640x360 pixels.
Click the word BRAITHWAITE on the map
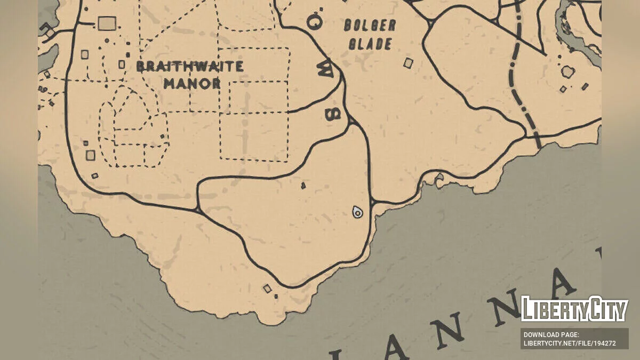pyautogui.click(x=190, y=67)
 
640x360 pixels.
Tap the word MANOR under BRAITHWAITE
pyautogui.click(x=192, y=84)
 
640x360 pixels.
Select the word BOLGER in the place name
pyautogui.click(x=370, y=26)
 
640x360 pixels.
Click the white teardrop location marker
pyautogui.click(x=358, y=212)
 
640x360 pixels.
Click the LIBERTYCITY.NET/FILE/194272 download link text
pyautogui.click(x=570, y=343)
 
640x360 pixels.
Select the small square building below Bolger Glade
pyautogui.click(x=408, y=63)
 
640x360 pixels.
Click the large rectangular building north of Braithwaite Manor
pyautogui.click(x=107, y=23)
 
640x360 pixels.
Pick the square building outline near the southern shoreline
pyautogui.click(x=267, y=289)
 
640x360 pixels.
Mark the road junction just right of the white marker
pyautogui.click(x=372, y=202)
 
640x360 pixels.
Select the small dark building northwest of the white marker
pyautogui.click(x=303, y=186)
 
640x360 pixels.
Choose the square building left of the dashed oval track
pyautogui.click(x=91, y=155)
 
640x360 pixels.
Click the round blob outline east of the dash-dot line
pyautogui.click(x=567, y=71)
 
